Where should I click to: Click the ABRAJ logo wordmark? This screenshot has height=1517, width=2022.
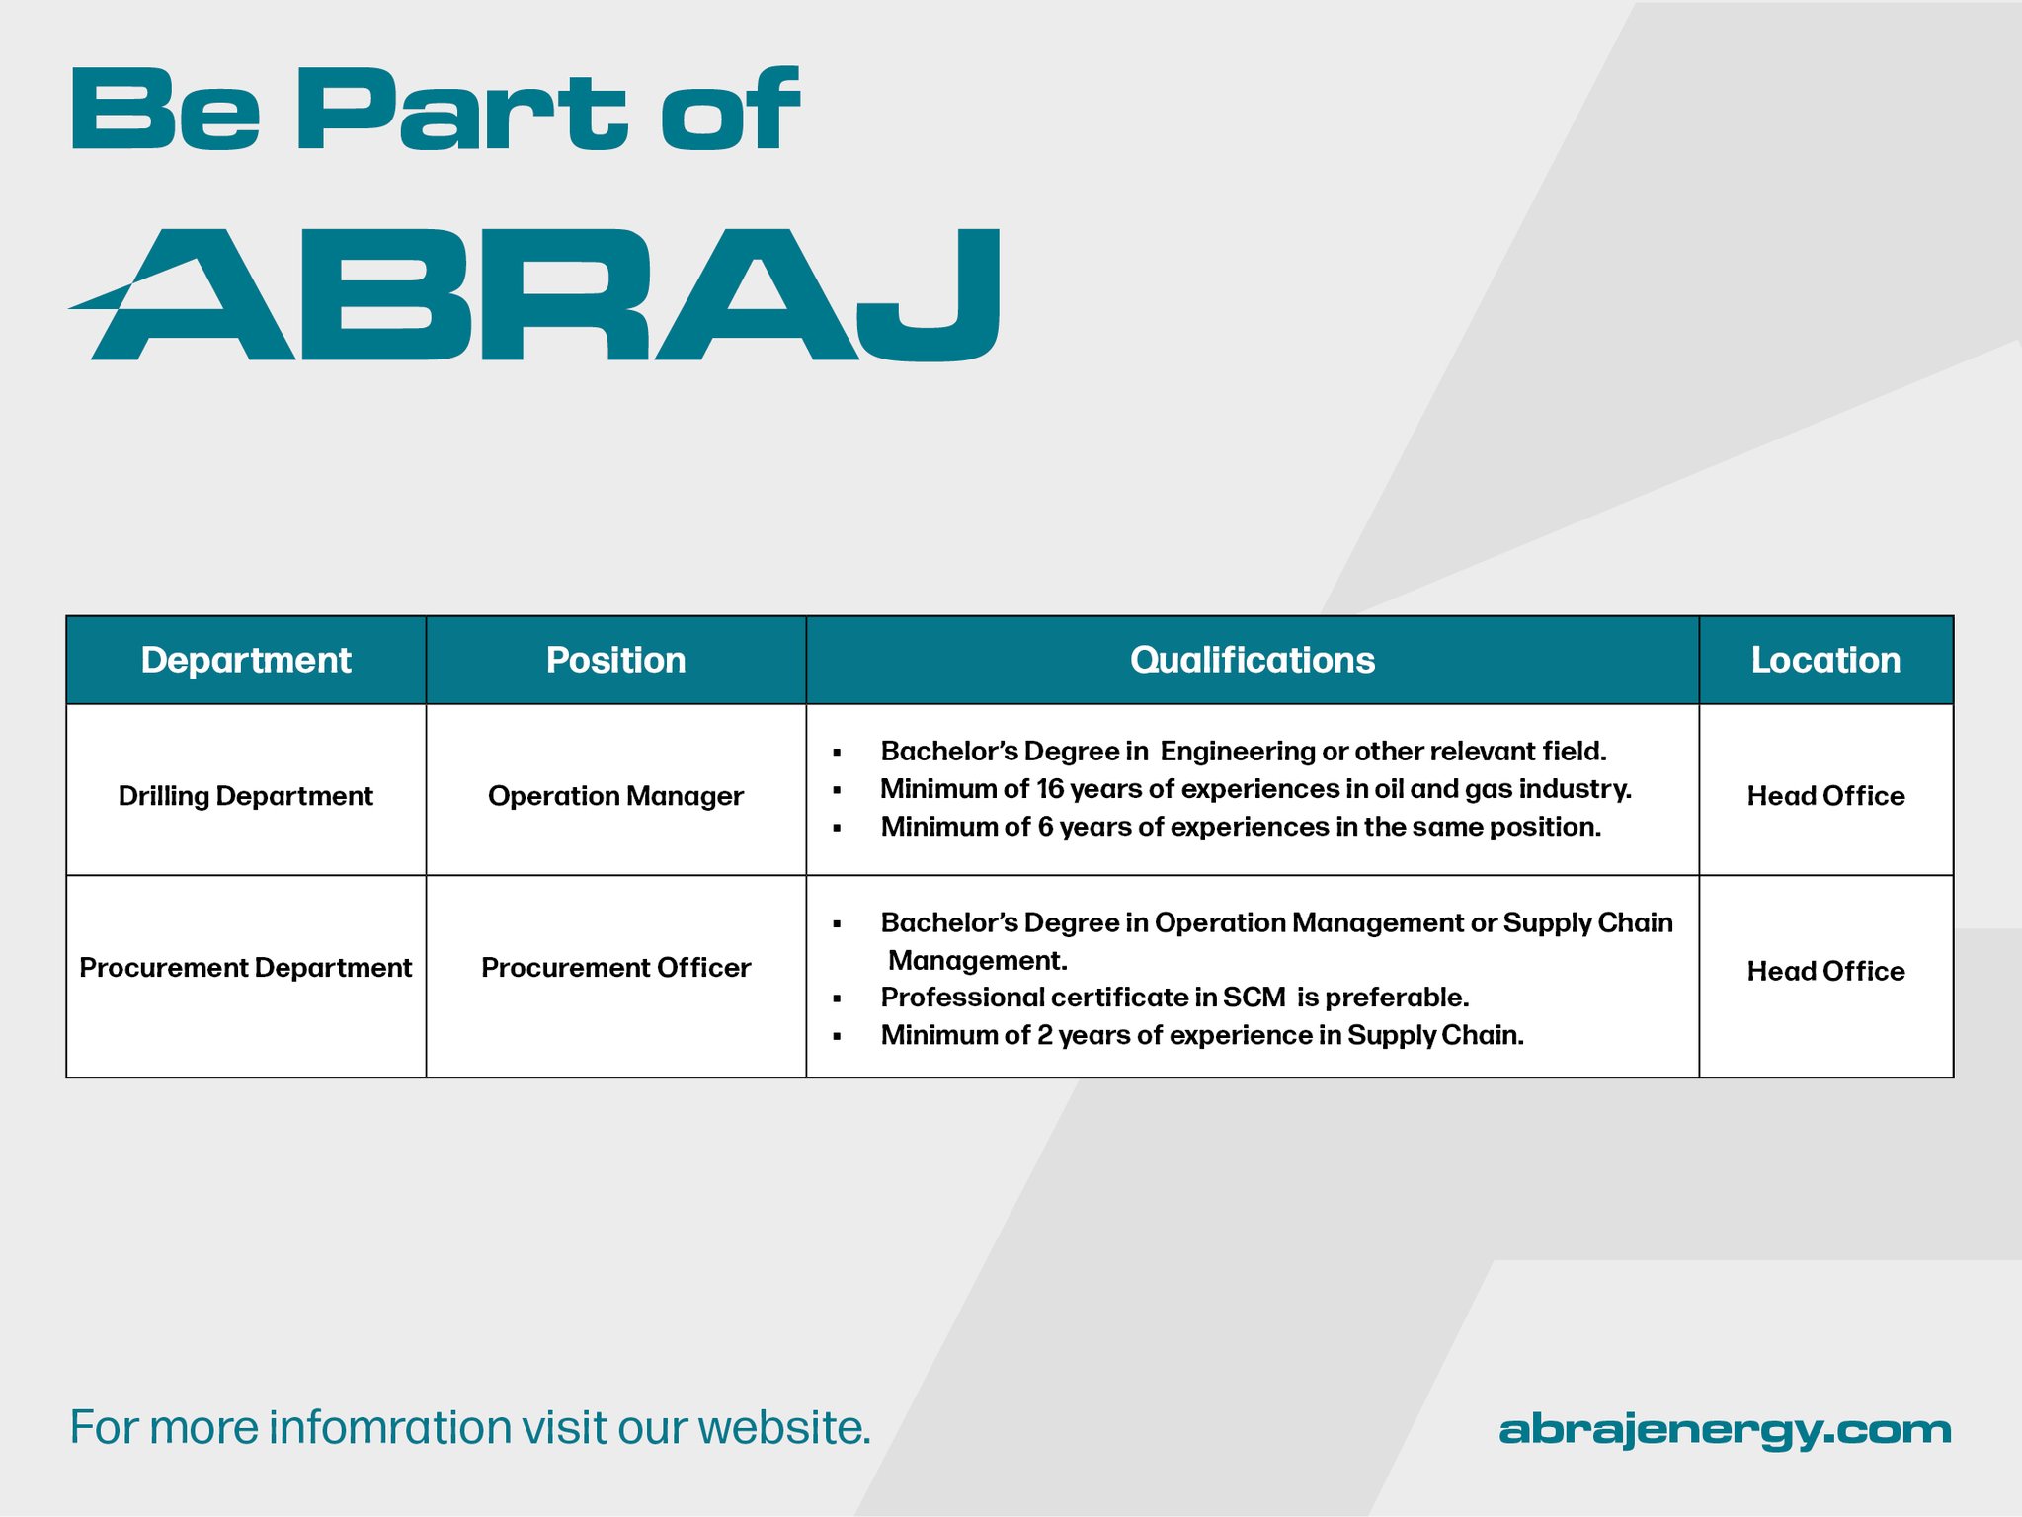(534, 294)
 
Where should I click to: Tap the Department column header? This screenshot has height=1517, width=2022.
(246, 660)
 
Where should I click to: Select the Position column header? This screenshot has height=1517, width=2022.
(615, 660)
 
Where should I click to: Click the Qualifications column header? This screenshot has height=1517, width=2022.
(1252, 660)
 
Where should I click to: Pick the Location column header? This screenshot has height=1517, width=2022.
(1825, 660)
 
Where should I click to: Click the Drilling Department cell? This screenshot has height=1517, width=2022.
(246, 796)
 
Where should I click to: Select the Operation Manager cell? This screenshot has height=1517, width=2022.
(615, 796)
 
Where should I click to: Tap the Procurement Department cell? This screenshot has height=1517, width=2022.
(246, 968)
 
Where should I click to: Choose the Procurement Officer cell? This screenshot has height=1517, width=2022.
(615, 968)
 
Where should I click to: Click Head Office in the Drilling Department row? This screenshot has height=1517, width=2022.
(1825, 796)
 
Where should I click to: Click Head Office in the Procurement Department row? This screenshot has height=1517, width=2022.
(1825, 971)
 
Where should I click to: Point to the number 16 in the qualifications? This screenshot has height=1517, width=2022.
(1049, 789)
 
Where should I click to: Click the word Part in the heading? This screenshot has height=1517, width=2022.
(461, 109)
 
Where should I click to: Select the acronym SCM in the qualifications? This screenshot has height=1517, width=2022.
(1254, 998)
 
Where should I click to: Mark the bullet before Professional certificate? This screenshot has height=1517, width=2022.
(837, 999)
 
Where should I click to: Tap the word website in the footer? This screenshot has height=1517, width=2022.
(784, 1427)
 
